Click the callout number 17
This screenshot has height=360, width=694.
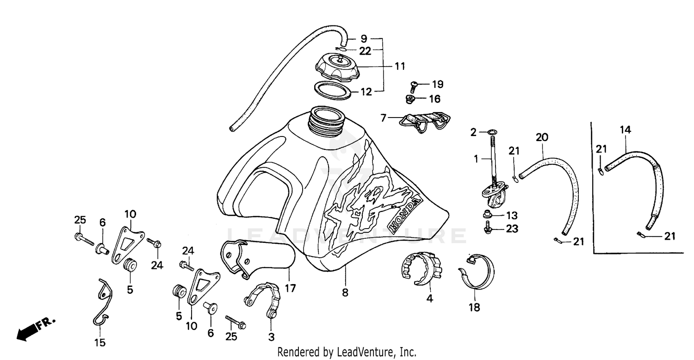pyautogui.click(x=290, y=288)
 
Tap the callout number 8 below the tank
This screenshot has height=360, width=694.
pyautogui.click(x=345, y=292)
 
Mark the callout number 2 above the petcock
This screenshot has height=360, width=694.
pyautogui.click(x=473, y=133)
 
